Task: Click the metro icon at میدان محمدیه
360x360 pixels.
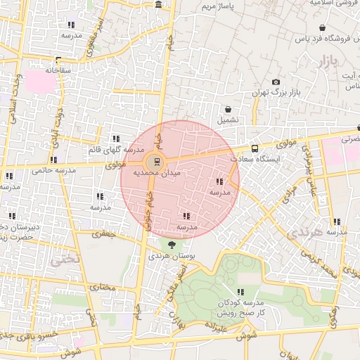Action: [x=156, y=160]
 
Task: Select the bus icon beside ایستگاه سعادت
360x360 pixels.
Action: [x=254, y=148]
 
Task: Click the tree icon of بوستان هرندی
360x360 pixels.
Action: [x=172, y=245]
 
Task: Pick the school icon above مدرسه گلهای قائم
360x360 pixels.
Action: [x=116, y=139]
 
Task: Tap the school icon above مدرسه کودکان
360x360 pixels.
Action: [x=240, y=292]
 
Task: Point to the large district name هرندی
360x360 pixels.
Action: [x=306, y=233]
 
